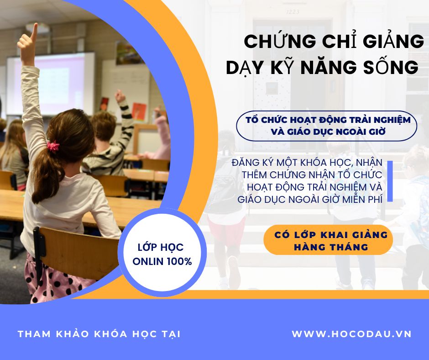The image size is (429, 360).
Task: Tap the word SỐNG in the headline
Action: (x=391, y=67)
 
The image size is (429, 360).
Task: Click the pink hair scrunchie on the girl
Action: (x=53, y=146)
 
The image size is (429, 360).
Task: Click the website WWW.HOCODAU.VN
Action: (x=351, y=334)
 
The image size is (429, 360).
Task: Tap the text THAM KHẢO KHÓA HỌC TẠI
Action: (x=99, y=334)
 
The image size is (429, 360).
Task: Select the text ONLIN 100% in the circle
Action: (x=162, y=262)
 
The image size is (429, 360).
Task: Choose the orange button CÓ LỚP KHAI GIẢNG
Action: (x=328, y=240)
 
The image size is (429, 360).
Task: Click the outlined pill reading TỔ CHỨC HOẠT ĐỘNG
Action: (x=327, y=126)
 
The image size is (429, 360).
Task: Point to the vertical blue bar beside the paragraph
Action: (x=390, y=181)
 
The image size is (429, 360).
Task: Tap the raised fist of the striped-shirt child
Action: (x=119, y=96)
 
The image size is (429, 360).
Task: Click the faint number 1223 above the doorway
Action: (x=293, y=12)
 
